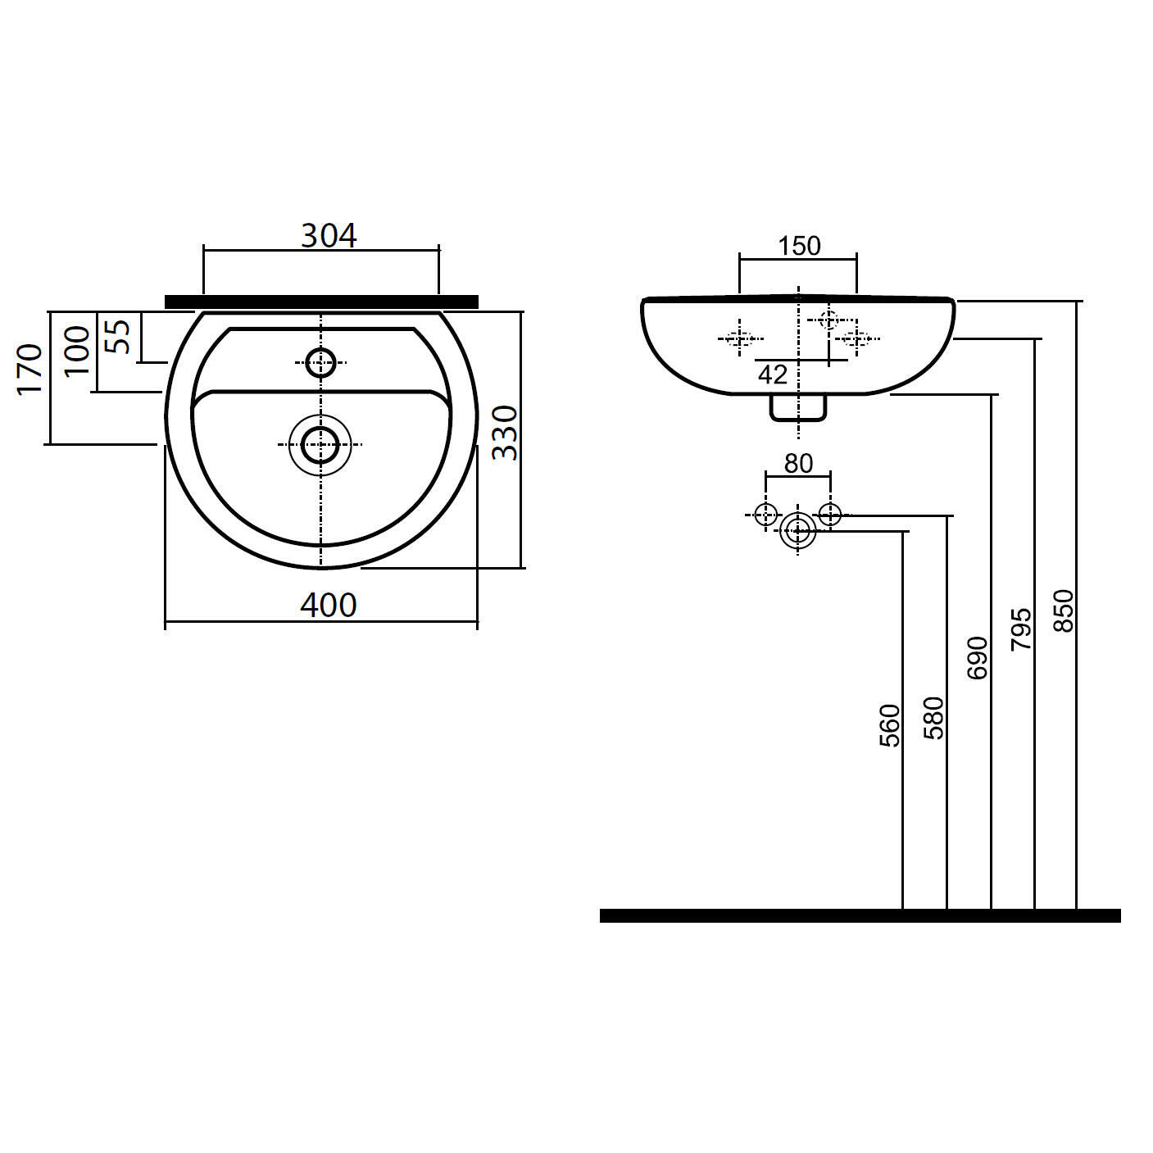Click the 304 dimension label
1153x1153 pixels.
click(x=329, y=236)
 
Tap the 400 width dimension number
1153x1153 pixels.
click(x=329, y=606)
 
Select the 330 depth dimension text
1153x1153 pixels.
click(x=505, y=433)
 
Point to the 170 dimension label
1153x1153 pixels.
click(x=30, y=370)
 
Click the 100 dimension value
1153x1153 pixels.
click(x=77, y=351)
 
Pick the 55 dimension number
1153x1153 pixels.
click(x=117, y=337)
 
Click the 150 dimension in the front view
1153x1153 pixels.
click(x=799, y=246)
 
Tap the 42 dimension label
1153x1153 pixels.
click(x=773, y=375)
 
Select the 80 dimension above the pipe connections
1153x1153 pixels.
click(x=798, y=464)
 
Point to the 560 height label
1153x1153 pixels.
click(x=890, y=726)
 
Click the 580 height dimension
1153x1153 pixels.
click(x=933, y=718)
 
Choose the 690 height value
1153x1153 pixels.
click(x=977, y=658)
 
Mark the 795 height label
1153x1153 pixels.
click(x=1021, y=629)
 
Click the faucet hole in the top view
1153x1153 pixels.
click(x=320, y=362)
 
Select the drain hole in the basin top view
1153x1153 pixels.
click(x=320, y=445)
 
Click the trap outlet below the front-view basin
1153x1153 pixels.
click(x=798, y=408)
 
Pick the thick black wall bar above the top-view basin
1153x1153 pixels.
click(x=321, y=302)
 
